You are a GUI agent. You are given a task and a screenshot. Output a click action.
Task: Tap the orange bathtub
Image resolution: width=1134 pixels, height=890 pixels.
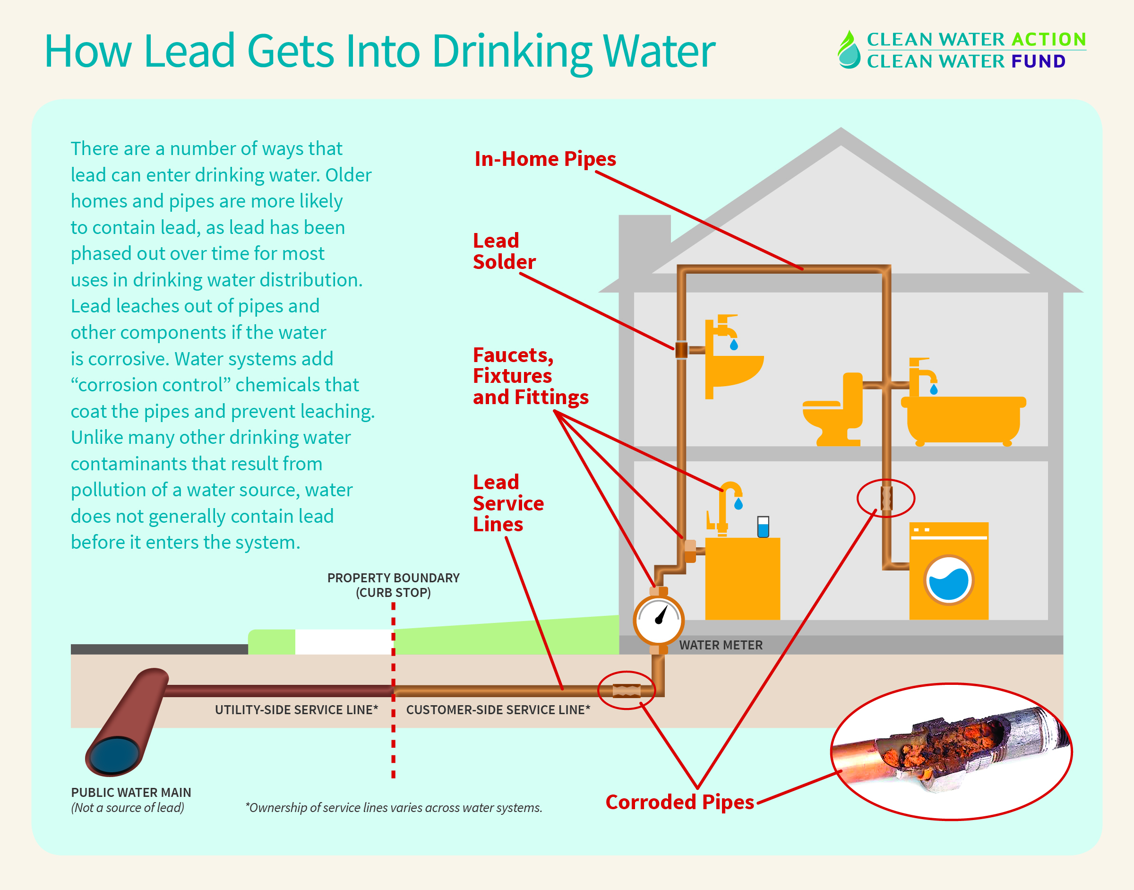click(964, 419)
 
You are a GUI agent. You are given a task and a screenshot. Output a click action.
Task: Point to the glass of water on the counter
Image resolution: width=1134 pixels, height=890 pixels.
click(763, 527)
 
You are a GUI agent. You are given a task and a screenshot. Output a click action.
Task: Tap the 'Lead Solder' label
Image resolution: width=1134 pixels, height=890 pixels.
click(503, 251)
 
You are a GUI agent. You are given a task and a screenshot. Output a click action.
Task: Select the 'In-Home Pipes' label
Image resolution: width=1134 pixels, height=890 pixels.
click(545, 159)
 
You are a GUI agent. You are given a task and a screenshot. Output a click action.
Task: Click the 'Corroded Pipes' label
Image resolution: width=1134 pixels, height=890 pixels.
click(679, 802)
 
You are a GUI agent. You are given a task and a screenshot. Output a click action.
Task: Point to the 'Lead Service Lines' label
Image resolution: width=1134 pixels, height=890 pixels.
click(508, 503)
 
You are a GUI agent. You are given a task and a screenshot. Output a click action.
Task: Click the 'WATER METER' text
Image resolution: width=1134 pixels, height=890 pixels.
click(721, 645)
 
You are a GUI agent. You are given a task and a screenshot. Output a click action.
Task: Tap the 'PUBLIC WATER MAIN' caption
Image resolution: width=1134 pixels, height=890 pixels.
click(131, 793)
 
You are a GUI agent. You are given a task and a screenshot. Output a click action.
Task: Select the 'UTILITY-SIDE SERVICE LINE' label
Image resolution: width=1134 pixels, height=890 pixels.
click(296, 710)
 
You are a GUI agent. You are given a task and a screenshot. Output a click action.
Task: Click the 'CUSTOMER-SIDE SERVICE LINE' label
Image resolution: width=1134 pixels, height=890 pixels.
click(498, 710)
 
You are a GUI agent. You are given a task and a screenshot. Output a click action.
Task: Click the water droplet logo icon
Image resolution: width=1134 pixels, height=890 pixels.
click(849, 50)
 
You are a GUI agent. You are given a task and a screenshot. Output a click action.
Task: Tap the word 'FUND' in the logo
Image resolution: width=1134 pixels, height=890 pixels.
click(1038, 61)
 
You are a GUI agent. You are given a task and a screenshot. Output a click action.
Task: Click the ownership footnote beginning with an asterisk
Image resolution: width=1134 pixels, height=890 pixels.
click(394, 808)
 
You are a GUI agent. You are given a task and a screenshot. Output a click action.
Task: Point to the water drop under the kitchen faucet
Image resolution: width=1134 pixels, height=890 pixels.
click(738, 504)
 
